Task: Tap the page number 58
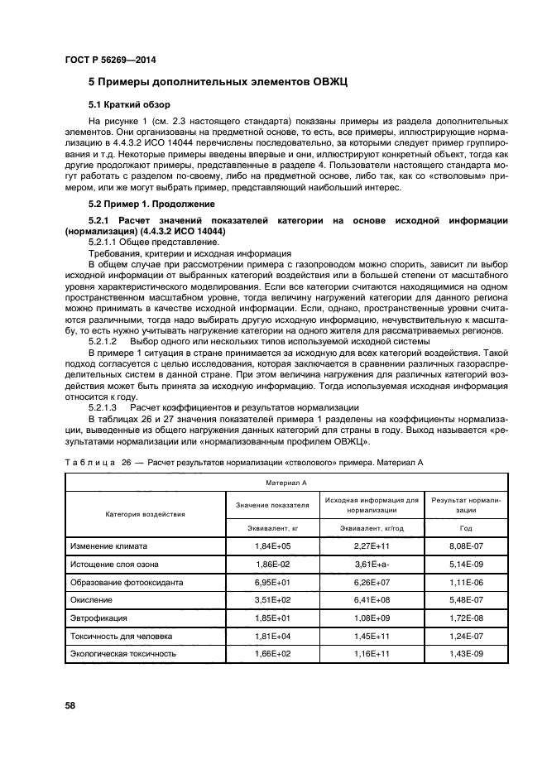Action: tap(70, 706)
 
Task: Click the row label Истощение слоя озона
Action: tap(114, 565)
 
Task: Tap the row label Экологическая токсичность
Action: tap(124, 653)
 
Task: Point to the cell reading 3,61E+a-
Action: tap(372, 565)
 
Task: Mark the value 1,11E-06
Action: tap(467, 582)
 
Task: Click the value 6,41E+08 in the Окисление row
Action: tap(372, 600)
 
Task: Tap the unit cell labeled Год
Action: tap(467, 526)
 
